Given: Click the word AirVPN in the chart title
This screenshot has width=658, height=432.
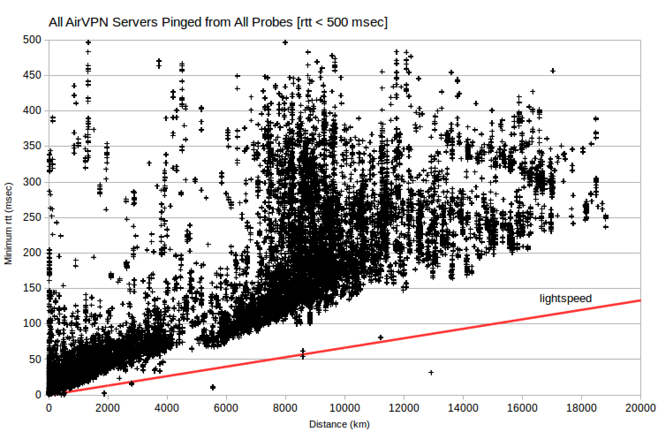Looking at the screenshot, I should pos(87,22).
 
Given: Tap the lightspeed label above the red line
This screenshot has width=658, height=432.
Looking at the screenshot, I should pos(565,299).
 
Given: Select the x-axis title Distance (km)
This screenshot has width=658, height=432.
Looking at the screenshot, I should pos(339,424).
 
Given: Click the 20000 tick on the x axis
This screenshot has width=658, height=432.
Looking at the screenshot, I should pos(640,408).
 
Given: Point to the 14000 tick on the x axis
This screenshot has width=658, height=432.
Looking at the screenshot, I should pos(463,408).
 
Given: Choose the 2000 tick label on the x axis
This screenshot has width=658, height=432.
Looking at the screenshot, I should pos(108,408).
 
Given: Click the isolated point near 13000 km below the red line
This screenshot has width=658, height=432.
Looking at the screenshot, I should pos(431,373).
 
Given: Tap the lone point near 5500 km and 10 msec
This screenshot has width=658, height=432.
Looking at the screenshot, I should pos(213,387).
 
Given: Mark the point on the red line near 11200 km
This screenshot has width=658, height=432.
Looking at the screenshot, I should pos(381,337).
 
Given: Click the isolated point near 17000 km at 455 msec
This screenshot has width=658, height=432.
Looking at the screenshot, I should pos(552,71).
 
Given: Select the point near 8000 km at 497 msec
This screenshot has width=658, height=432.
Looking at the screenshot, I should pos(285,42).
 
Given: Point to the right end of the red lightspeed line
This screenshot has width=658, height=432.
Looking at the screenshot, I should pos(639,300).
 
